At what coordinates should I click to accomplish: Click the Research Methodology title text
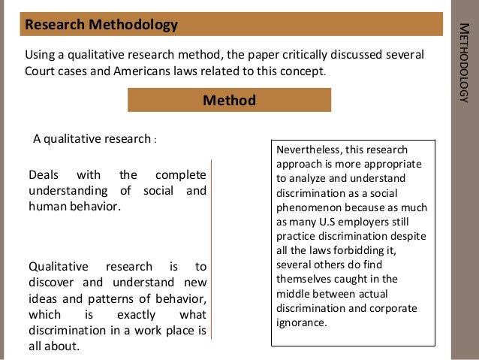(101, 25)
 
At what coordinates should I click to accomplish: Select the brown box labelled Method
(229, 100)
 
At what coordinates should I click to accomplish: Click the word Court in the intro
(42, 72)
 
